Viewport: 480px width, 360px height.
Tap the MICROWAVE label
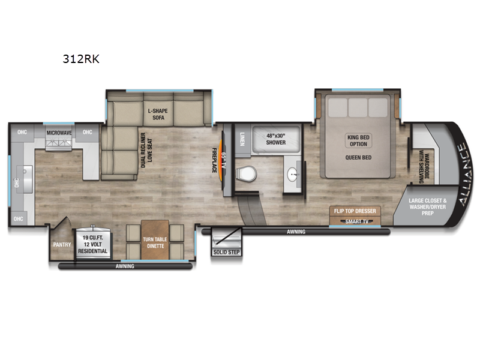[60, 132]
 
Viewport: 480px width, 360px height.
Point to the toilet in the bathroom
[245, 174]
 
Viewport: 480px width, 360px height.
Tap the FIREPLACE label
[214, 160]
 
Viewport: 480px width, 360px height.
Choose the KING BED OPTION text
[359, 141]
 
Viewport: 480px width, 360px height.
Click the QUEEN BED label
[359, 158]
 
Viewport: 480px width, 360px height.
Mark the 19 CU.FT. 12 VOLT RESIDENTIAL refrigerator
[92, 245]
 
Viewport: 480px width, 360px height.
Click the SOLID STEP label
[226, 252]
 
